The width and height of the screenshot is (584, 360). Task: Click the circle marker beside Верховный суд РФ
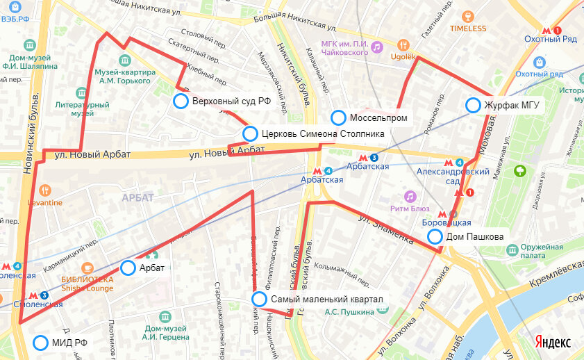point(181,101)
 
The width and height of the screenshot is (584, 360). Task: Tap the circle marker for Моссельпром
point(338,117)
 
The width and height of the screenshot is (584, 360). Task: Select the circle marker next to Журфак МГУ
point(473,105)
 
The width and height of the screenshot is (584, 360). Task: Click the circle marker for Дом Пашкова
point(435,236)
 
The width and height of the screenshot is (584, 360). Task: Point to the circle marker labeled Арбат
point(128,268)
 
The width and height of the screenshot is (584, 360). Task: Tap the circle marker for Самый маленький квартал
point(259,299)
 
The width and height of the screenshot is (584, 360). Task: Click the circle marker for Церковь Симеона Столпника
point(251,133)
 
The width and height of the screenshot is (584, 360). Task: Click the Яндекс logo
point(553,343)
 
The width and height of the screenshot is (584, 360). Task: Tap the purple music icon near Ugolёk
point(376,47)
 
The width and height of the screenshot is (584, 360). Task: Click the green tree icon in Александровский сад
point(519,170)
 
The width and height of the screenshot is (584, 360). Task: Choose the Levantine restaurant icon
point(45,190)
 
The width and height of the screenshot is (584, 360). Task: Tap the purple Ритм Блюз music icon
point(410,197)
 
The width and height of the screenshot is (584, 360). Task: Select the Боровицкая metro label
point(447,222)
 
